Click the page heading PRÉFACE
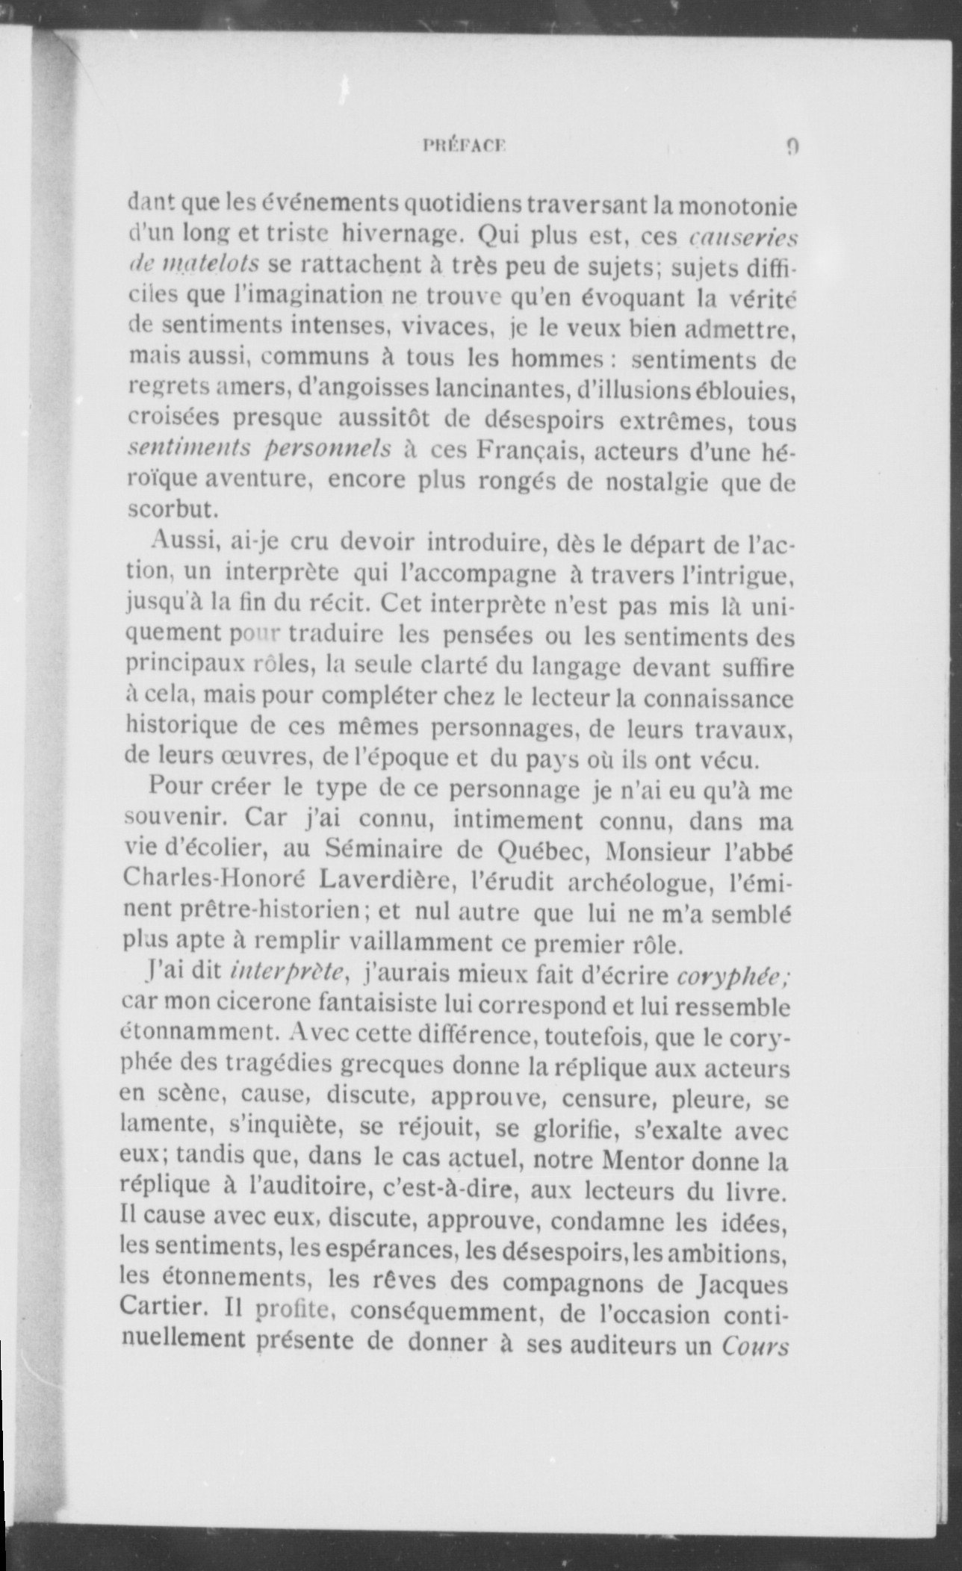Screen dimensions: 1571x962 [x=464, y=146]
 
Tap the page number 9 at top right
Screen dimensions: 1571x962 [x=792, y=146]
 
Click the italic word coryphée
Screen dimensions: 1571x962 [x=735, y=975]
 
